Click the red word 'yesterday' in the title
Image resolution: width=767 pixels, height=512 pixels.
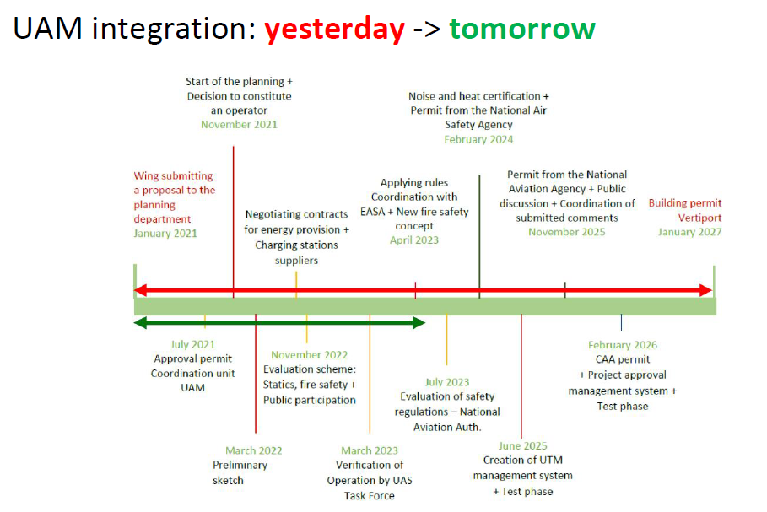point(335,30)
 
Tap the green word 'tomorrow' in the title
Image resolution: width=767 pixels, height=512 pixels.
point(522,29)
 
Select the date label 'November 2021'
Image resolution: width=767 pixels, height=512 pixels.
point(239,125)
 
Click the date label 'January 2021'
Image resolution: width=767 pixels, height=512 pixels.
point(165,234)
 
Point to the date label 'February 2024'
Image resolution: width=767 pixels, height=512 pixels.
point(478,139)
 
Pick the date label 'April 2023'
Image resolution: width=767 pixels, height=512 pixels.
point(413,240)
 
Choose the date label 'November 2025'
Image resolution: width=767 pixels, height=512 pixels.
point(566,232)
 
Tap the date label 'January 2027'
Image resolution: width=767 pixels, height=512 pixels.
point(689,232)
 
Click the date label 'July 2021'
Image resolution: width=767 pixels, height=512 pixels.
point(192,344)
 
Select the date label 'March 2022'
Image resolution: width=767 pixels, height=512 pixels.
point(253,450)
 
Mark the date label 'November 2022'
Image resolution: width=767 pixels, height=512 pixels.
point(309,354)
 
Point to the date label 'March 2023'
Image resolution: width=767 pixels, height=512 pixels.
point(370,450)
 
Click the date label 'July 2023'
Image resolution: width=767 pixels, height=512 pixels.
point(447,382)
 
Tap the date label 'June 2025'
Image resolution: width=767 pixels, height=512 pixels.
point(522,445)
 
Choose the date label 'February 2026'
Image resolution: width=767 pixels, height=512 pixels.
point(622,345)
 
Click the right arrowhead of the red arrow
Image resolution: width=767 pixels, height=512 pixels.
point(706,290)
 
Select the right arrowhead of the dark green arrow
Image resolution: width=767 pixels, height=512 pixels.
point(419,323)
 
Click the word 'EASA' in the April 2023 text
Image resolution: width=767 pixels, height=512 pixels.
point(373,212)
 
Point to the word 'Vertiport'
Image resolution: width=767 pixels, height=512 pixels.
point(699,218)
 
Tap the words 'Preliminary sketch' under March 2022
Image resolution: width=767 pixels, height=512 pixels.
point(240,472)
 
